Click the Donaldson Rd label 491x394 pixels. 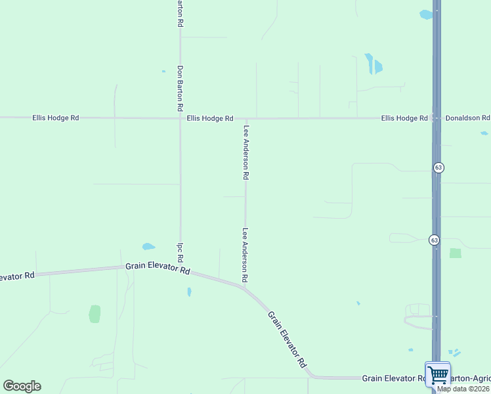(467, 118)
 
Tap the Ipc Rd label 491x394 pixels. (179, 250)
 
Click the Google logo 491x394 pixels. (22, 386)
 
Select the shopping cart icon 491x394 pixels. (438, 376)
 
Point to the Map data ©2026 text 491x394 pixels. (463, 389)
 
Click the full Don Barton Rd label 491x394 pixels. (179, 88)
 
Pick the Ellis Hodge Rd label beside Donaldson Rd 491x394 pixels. (404, 118)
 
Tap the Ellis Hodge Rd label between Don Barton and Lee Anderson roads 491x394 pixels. (209, 118)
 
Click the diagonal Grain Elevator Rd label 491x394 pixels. (288, 339)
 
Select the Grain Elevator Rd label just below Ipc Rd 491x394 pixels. (158, 269)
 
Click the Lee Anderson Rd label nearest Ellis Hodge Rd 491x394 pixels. (246, 152)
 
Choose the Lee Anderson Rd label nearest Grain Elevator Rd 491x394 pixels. (245, 255)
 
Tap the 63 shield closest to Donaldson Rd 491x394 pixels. (438, 168)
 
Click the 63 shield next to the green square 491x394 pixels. (435, 240)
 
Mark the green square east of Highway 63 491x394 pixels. (455, 253)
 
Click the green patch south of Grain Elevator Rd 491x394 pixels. (95, 314)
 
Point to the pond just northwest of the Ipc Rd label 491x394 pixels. (148, 247)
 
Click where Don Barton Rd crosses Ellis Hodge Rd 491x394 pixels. (180, 118)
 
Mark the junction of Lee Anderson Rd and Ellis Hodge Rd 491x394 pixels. (246, 119)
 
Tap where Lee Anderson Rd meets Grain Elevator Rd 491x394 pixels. (245, 287)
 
